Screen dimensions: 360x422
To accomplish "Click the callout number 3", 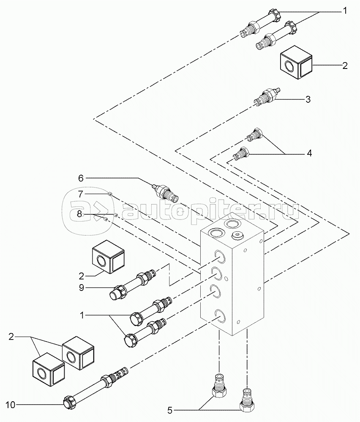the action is pyautogui.click(x=308, y=99).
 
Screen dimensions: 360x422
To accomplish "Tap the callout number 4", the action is pyautogui.click(x=309, y=153).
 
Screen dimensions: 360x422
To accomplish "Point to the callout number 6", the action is pyautogui.click(x=81, y=178).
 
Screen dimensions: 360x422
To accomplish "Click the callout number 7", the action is pyautogui.click(x=81, y=194).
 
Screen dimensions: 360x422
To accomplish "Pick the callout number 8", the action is pyautogui.click(x=79, y=214).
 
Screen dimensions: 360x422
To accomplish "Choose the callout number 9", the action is pyautogui.click(x=82, y=288).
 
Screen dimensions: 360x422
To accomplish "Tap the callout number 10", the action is pyautogui.click(x=11, y=405).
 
